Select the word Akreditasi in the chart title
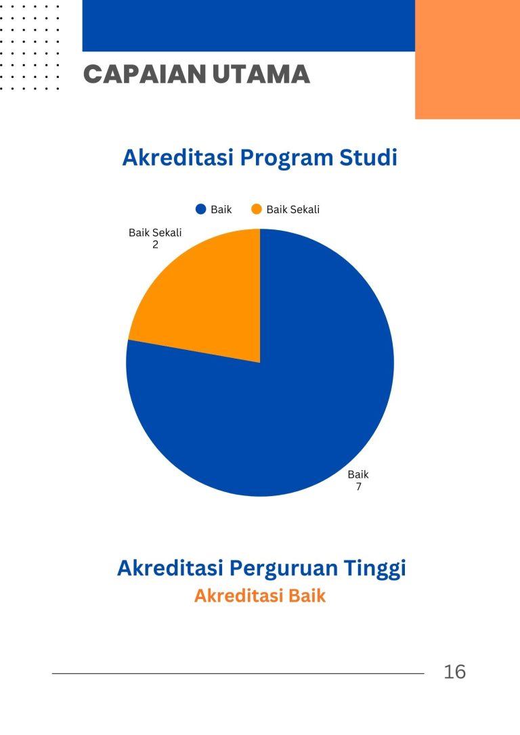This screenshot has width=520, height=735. [177, 158]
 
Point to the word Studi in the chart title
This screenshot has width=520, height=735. [368, 158]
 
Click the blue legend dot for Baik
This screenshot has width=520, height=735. [200, 209]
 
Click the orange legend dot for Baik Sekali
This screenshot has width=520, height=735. [257, 209]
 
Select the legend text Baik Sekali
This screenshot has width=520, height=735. [293, 210]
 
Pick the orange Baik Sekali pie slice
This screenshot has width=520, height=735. [207, 305]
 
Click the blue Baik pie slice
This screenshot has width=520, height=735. [282, 399]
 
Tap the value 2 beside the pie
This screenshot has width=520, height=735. [155, 245]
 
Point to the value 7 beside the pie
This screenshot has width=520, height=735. [359, 487]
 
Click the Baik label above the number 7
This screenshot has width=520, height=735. [358, 474]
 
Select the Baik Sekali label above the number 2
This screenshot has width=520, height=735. [155, 233]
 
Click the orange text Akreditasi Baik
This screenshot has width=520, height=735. [260, 596]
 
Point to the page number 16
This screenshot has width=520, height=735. [455, 671]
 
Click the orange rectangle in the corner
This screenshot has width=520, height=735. [467, 60]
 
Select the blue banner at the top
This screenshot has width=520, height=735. [248, 25]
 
